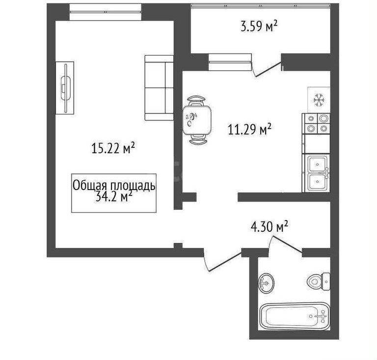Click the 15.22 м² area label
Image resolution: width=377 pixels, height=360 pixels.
112,148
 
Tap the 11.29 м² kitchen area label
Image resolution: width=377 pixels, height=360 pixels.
249,129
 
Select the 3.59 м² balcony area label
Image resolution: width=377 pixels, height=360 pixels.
259,26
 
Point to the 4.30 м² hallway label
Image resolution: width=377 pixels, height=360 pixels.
269,226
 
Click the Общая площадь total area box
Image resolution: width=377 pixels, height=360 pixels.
114,193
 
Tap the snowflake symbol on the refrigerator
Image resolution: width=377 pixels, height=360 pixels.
319,100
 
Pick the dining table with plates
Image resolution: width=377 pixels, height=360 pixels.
197,120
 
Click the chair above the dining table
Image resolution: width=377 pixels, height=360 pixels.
196,101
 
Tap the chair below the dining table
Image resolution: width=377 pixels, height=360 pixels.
198,139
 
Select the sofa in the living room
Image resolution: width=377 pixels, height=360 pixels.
159,88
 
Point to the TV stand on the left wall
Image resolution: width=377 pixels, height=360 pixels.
65,88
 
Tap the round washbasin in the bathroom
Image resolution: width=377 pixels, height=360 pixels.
266,283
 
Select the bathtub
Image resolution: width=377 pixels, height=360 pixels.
295,316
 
